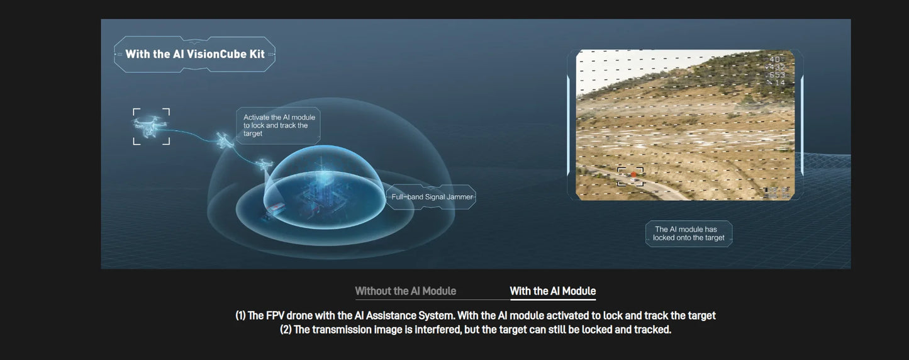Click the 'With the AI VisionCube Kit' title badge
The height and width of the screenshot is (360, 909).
click(x=194, y=54)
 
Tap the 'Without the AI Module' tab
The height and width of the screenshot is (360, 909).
click(x=405, y=291)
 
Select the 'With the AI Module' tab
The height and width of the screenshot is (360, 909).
click(x=552, y=291)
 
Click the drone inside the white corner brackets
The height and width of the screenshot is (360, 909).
click(x=151, y=126)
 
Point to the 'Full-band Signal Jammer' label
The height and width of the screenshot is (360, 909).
click(x=432, y=197)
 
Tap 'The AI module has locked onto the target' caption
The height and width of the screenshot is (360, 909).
click(x=689, y=233)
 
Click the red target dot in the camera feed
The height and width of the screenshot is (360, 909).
click(x=633, y=175)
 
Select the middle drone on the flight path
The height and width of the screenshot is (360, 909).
click(x=224, y=140)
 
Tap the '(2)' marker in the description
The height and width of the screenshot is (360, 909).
click(x=287, y=330)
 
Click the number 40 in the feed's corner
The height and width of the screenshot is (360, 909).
click(x=774, y=59)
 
